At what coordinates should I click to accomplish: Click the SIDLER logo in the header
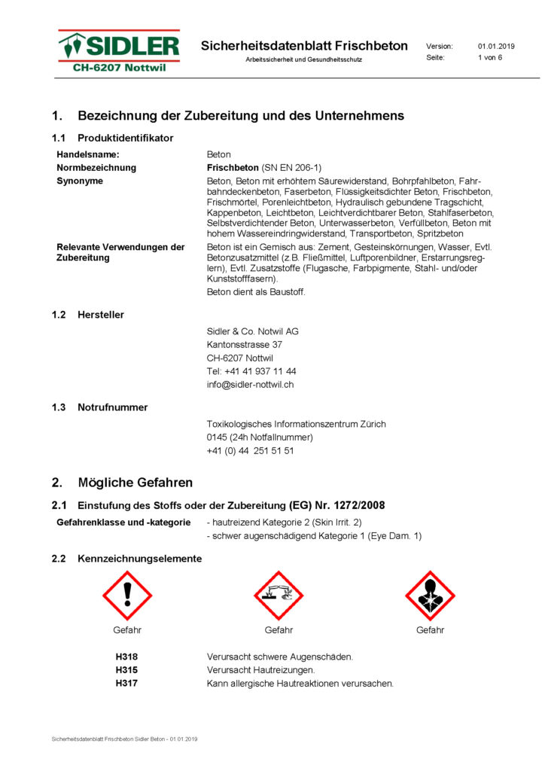pos(120,51)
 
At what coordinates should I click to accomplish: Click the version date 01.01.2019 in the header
pos(496,46)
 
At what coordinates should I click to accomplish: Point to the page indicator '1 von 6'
pos(489,57)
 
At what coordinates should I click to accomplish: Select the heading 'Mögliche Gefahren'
pos(135,483)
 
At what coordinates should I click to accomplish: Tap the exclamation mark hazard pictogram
pos(127,595)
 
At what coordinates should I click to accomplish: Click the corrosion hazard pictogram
pos(279,595)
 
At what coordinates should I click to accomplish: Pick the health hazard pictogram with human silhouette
pos(430,595)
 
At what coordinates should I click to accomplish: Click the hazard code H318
pos(126,657)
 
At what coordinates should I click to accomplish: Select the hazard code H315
pos(126,670)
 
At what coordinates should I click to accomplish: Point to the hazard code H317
pos(126,684)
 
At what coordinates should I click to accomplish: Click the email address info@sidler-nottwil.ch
pos(250,385)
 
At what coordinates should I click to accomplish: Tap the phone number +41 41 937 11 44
pos(251,371)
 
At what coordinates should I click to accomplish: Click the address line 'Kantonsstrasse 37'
pos(245,344)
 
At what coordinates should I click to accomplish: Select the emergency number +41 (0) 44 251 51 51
pos(250,451)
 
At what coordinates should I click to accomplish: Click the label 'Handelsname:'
pos(88,154)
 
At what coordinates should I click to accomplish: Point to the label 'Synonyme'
pos(80,181)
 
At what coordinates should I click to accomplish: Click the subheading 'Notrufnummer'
pos(112,407)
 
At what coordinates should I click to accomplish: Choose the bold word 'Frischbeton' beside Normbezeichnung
pos(233,168)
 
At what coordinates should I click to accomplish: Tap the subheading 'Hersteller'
pos(101,315)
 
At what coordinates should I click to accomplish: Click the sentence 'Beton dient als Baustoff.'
pos(256,292)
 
